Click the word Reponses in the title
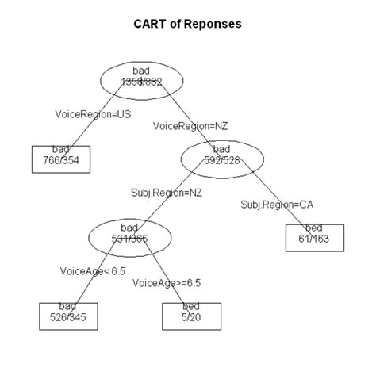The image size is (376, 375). pos(213,25)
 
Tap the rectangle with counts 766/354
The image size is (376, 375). pos(61,159)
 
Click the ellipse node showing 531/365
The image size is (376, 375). pos(129,235)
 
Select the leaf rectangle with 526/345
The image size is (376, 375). pos(61,315)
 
